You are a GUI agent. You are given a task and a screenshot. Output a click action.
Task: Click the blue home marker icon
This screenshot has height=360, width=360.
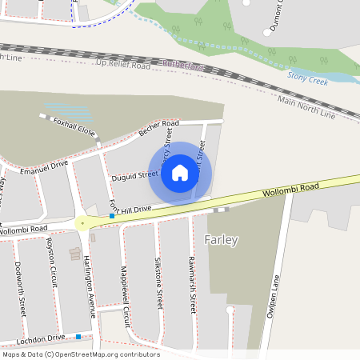(180, 172)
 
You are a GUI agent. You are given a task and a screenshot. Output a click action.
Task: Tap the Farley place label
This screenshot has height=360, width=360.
(222, 240)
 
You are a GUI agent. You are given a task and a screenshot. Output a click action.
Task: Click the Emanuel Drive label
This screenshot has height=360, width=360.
(45, 166)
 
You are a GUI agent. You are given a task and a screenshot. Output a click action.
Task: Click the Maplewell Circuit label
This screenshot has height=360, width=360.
(124, 290)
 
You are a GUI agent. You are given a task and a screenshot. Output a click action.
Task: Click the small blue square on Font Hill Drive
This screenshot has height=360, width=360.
(112, 216)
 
